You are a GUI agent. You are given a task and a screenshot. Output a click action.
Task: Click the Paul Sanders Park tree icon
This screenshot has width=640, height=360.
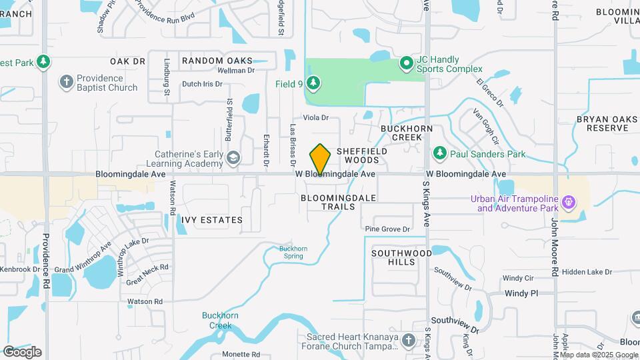click(439, 154)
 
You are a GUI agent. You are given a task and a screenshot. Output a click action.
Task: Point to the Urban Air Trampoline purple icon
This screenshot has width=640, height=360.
click(568, 201)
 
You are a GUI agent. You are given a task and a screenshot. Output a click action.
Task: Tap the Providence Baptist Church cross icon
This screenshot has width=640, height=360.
click(66, 82)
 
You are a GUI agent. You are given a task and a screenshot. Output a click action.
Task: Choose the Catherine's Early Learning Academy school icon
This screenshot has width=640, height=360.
click(233, 158)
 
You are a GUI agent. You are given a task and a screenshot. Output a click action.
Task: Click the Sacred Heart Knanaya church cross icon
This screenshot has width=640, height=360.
click(409, 340)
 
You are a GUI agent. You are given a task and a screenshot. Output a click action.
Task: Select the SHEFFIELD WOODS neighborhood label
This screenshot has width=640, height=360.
click(362, 155)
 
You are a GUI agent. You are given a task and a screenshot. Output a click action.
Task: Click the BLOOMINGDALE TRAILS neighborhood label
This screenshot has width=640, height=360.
click(339, 202)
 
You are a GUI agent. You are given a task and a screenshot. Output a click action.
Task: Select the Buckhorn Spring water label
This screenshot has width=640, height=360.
click(293, 253)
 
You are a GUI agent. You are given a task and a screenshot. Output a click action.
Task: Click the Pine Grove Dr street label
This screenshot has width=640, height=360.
click(387, 229)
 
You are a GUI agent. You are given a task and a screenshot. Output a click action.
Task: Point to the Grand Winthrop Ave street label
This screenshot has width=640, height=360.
click(83, 261)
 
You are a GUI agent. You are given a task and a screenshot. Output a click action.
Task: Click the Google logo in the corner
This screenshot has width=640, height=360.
click(22, 351)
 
